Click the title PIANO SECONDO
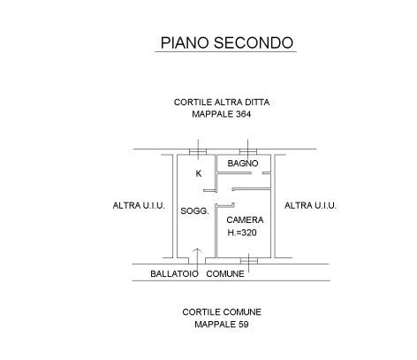(227, 42)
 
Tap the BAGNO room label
(243, 163)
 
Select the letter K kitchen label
(199, 173)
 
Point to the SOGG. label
(194, 211)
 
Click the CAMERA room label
(245, 220)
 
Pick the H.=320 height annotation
(242, 233)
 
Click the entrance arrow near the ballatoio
(197, 263)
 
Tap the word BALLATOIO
(174, 274)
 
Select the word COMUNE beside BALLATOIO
(225, 274)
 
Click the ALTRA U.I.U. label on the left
(139, 205)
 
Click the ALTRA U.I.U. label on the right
(310, 205)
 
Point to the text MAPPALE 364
(222, 114)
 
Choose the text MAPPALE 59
(222, 325)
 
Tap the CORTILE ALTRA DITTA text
(222, 103)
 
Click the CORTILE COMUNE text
(222, 312)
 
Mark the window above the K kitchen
(198, 152)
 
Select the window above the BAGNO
(248, 152)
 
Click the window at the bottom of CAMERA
(249, 261)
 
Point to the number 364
(243, 114)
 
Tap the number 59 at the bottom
(243, 325)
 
